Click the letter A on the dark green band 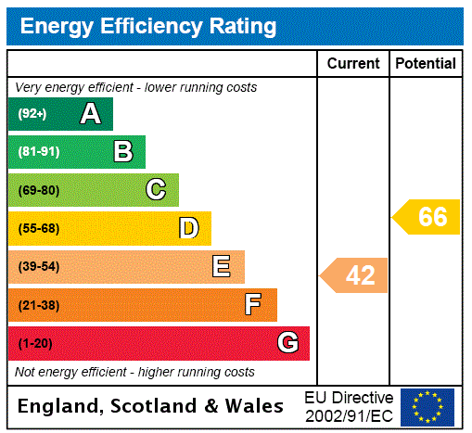tap(90, 114)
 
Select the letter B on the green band tap(122, 152)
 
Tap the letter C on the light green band tap(156, 190)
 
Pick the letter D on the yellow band tap(188, 228)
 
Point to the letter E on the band tap(222, 267)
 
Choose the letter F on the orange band tap(253, 305)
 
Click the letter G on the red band tap(287, 343)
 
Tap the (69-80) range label tap(38, 191)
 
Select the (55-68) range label tap(38, 229)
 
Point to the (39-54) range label tap(38, 267)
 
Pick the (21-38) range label tap(38, 305)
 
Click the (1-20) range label tap(35, 344)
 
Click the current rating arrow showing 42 tap(356, 275)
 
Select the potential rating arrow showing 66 tap(427, 217)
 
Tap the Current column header tap(353, 64)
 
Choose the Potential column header tap(426, 64)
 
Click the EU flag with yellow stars tap(427, 406)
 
